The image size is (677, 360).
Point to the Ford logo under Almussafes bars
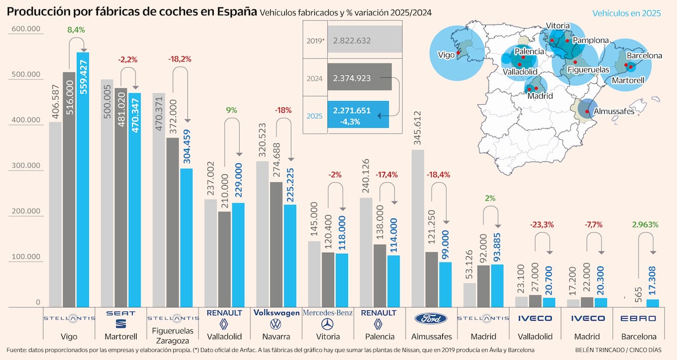(430, 318)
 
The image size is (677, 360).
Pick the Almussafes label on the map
(614, 111)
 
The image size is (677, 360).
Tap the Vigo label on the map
(446, 55)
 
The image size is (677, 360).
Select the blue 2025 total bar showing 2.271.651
(358, 115)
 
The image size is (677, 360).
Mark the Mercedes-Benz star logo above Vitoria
(327, 324)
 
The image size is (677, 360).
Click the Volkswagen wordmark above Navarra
(276, 312)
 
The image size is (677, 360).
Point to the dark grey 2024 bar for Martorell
(121, 197)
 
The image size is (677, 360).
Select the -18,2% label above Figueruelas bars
(179, 58)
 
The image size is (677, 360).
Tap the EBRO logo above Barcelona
(638, 319)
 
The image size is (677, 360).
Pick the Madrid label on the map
(540, 96)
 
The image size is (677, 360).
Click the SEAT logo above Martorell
(121, 318)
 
